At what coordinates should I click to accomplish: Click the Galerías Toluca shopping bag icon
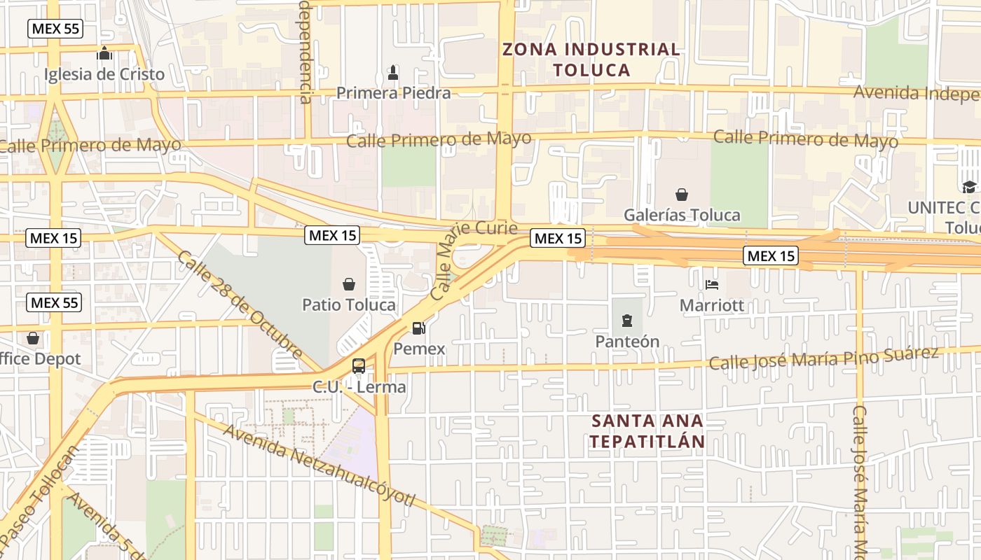(681, 195)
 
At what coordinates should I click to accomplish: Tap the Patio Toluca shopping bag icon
(348, 284)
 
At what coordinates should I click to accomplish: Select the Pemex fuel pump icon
(418, 327)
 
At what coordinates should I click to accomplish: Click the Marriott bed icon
(712, 285)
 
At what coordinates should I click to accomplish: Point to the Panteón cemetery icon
(626, 321)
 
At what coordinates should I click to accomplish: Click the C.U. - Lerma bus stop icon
(358, 365)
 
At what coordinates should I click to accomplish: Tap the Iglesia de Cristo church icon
(104, 53)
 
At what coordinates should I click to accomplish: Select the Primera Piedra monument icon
(393, 71)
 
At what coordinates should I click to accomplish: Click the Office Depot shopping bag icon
(33, 339)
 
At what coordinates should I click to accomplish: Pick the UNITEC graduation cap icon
(969, 187)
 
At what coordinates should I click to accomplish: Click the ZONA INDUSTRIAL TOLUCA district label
(591, 59)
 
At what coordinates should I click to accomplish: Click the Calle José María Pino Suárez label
(823, 358)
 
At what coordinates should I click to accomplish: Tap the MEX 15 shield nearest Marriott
(771, 256)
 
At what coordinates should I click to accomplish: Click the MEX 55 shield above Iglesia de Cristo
(55, 29)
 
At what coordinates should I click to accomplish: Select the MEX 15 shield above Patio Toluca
(332, 235)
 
